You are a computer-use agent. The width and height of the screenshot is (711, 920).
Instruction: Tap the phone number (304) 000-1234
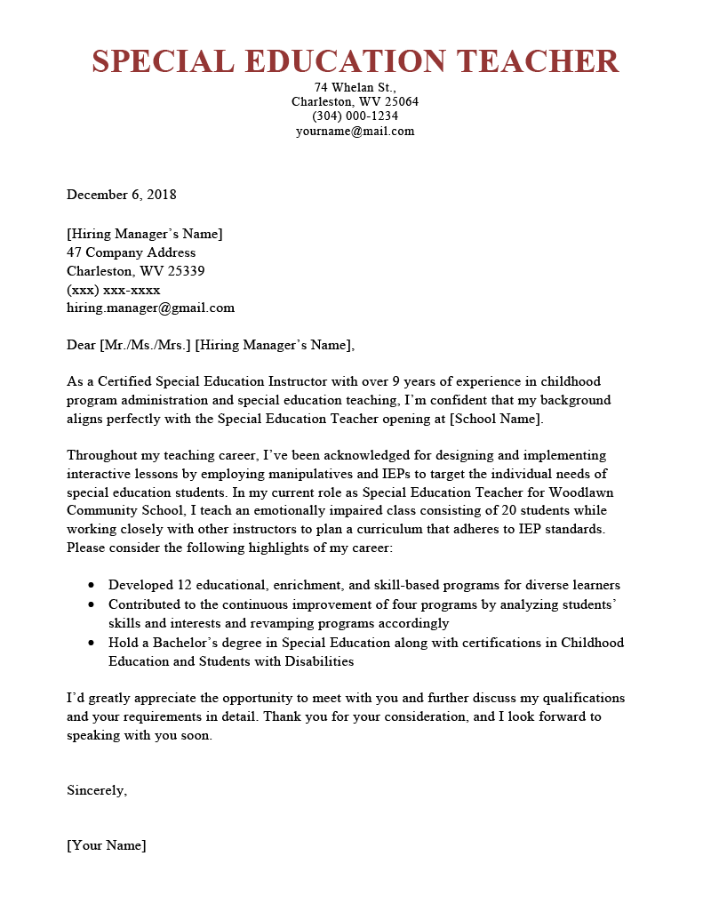pyautogui.click(x=355, y=116)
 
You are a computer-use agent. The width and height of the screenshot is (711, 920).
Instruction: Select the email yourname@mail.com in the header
pyautogui.click(x=355, y=131)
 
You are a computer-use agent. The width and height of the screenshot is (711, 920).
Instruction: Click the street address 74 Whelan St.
pyautogui.click(x=355, y=87)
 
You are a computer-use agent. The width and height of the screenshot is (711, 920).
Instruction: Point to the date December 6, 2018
pyautogui.click(x=122, y=195)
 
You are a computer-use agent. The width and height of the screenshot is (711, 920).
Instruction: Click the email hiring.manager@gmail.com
pyautogui.click(x=150, y=308)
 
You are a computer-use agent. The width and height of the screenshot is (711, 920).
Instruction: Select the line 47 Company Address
pyautogui.click(x=131, y=252)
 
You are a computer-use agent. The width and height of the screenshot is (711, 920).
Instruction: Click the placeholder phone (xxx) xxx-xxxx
pyautogui.click(x=113, y=290)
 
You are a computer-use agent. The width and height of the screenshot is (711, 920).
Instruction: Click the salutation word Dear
pyautogui.click(x=81, y=345)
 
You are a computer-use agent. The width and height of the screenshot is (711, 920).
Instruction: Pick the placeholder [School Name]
pyautogui.click(x=497, y=419)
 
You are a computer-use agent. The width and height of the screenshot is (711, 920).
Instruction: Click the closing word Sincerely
pyautogui.click(x=96, y=789)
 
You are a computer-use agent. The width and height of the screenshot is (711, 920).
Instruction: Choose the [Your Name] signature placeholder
pyautogui.click(x=106, y=845)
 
